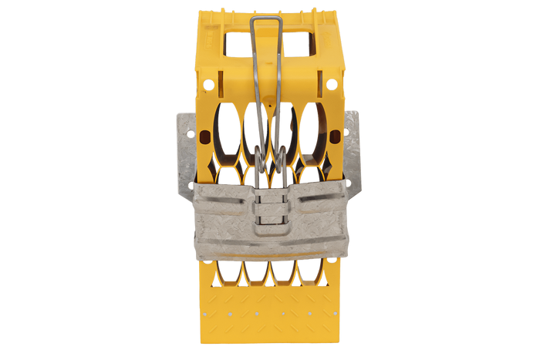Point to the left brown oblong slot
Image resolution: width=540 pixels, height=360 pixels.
204,136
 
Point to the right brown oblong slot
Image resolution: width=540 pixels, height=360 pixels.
336,136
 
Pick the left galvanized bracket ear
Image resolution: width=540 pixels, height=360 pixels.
184,150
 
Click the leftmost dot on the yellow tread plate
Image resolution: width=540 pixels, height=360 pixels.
202,315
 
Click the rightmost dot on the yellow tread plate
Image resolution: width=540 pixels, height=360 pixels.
337,315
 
